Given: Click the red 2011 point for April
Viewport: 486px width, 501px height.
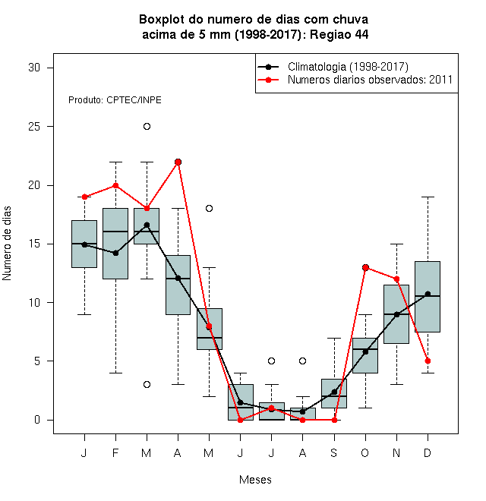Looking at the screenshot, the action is pos(178,162).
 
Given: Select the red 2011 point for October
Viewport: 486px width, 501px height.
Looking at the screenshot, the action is pos(365,267).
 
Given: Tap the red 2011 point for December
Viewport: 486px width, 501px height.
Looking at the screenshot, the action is pos(428,361).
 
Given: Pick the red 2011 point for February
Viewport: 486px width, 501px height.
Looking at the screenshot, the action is pos(115,186).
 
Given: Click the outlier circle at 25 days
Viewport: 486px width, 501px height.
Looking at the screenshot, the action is pos(147,127).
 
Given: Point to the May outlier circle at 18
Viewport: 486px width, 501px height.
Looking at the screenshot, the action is pos(209,208).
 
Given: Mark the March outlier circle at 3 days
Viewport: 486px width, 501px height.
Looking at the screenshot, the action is pos(147,384).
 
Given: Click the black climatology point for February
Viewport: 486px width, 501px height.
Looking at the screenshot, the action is pos(115,253).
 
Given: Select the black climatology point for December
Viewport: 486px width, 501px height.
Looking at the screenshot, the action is pos(428,294).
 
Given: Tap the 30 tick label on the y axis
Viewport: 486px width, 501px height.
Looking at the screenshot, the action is pos(34,68).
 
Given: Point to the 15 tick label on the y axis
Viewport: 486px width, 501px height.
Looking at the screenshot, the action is pos(34,244).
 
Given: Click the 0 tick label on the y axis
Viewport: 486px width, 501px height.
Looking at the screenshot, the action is pos(37,420).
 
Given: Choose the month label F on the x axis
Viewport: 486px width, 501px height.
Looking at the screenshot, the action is pos(115,452).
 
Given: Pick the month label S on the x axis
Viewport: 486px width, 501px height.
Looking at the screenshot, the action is pos(334,452).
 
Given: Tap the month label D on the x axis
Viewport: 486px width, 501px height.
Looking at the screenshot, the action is pos(428,452).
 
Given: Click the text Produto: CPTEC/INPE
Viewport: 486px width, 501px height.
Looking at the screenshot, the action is pos(115,100).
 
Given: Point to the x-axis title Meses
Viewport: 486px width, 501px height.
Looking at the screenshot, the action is pos(255,480).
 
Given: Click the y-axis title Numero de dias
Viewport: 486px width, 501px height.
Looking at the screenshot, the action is pos(7,244).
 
